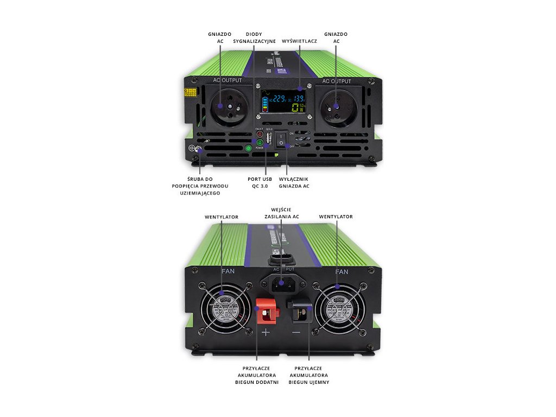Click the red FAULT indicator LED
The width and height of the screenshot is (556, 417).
[260, 134]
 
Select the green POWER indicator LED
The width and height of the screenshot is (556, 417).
[260, 143]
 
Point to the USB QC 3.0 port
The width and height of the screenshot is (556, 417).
[269, 138]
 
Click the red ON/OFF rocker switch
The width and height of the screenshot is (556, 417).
[282, 140]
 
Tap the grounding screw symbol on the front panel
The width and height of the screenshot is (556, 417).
[193, 148]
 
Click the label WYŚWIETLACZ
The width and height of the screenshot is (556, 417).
[299, 41]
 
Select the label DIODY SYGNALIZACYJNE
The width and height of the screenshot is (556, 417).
[254, 37]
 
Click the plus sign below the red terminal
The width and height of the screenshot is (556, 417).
[266, 332]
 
